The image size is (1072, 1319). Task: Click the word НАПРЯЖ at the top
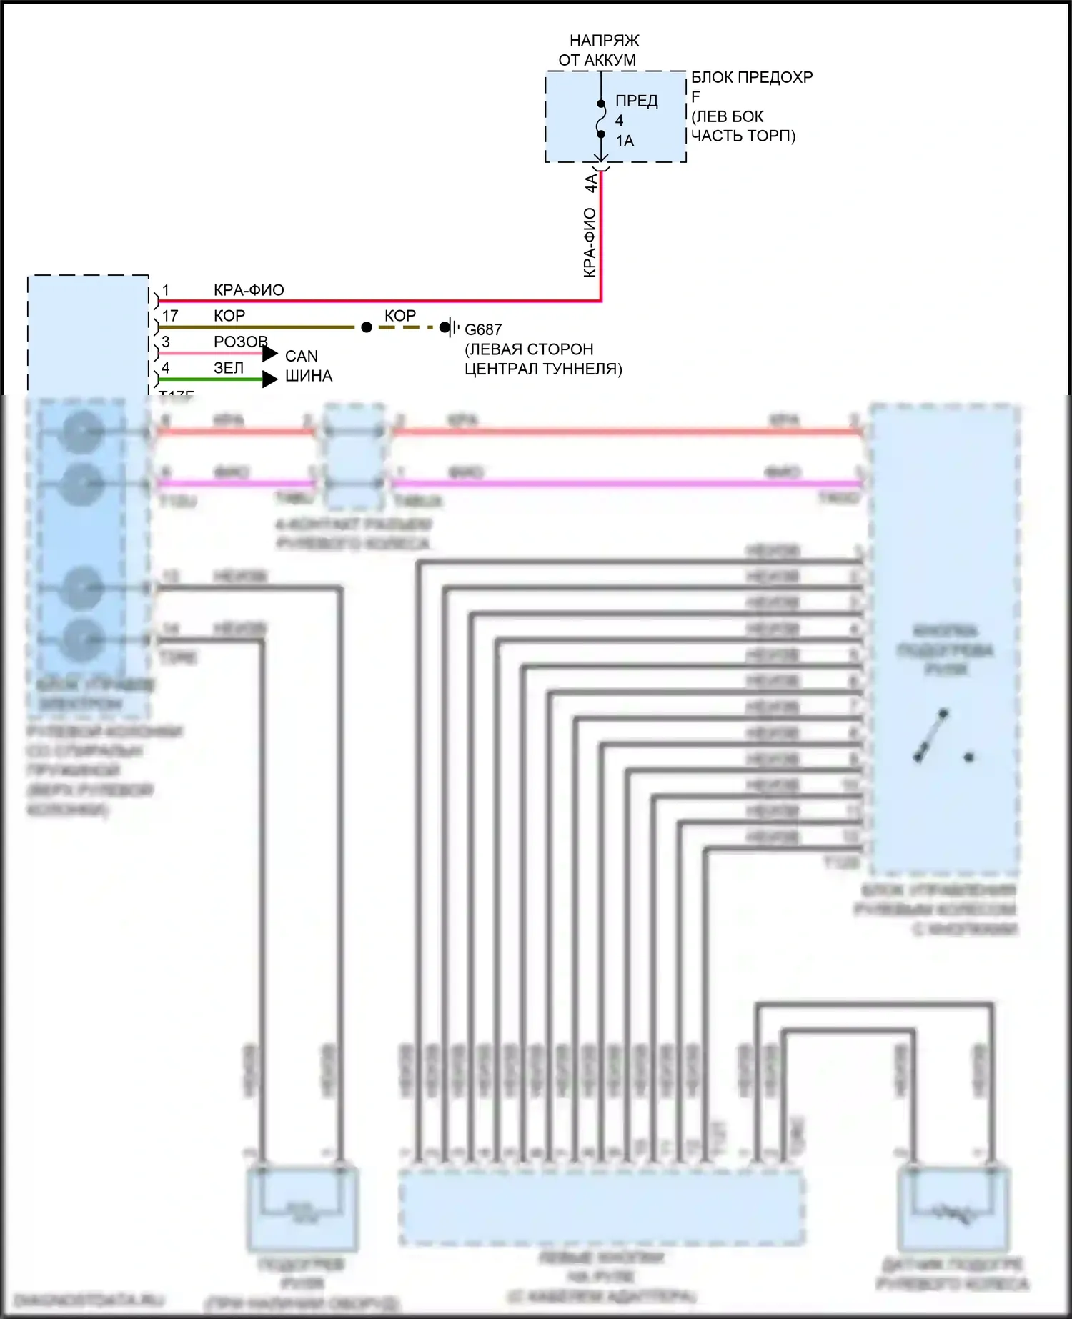(604, 41)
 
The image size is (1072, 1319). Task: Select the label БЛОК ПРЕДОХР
(752, 77)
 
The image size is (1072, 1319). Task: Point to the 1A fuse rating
(625, 141)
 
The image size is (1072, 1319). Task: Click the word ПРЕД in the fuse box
(636, 101)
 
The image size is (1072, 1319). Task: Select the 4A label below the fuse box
(591, 183)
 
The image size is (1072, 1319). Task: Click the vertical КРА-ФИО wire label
(590, 243)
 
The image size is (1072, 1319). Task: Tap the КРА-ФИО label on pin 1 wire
(249, 290)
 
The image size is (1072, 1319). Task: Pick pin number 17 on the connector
(170, 316)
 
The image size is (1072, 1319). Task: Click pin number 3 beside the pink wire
(166, 342)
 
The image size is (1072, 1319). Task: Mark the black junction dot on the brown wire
(367, 327)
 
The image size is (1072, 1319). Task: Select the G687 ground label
(483, 330)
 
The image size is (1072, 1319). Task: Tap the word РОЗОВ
(241, 342)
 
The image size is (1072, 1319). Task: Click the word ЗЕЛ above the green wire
(229, 368)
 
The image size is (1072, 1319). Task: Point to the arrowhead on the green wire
(269, 379)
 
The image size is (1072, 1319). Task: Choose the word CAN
(302, 356)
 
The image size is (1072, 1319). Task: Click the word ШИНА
(309, 376)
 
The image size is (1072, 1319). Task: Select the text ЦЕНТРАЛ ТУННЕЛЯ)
(543, 369)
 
